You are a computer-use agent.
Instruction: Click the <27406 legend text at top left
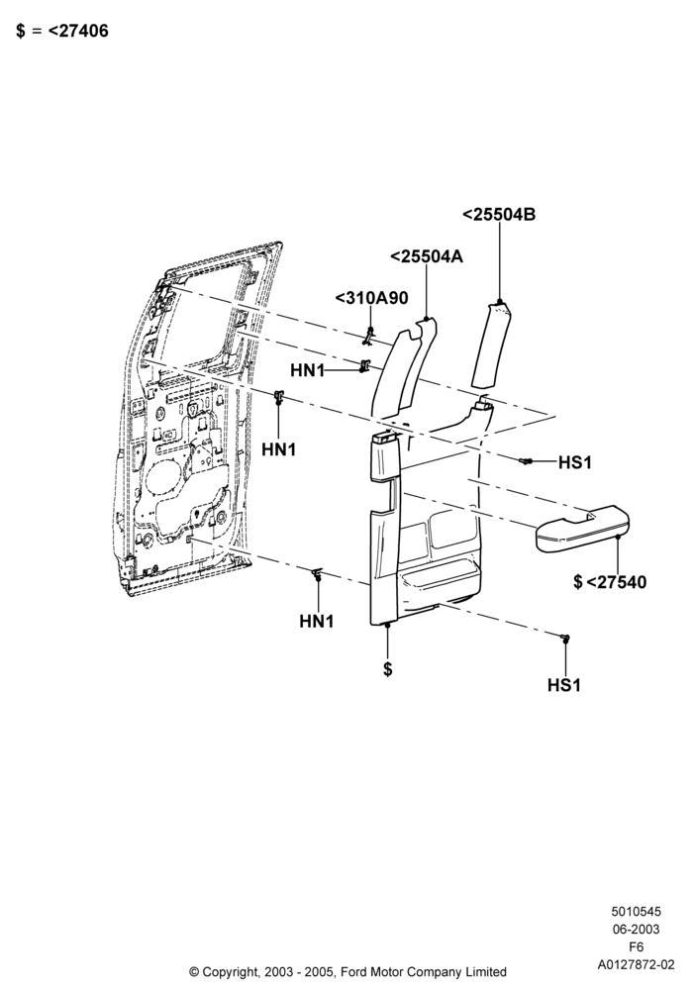point(78,31)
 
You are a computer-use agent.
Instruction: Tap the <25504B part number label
point(499,215)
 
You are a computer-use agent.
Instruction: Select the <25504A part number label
point(427,256)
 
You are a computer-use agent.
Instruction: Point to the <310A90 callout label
point(372,298)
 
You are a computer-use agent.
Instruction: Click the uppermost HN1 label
point(307,370)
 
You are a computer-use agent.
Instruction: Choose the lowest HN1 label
point(316,622)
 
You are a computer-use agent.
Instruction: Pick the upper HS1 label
point(575,462)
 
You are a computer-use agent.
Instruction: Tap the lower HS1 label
point(564,685)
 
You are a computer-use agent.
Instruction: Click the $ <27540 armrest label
point(610,581)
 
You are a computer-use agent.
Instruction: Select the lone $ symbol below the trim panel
point(387,668)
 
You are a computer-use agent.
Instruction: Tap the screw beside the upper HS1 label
point(526,461)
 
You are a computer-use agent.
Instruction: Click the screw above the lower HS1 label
point(565,638)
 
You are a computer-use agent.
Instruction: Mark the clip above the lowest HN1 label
point(318,573)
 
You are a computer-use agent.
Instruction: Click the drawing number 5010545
point(636,911)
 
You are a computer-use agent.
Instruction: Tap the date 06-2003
point(636,929)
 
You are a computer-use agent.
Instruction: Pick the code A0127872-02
point(636,964)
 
